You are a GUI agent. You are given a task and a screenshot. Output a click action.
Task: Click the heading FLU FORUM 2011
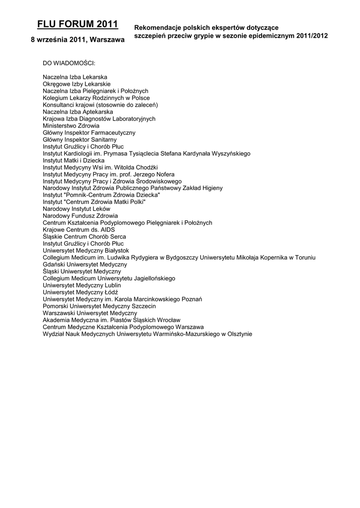pos(77,24)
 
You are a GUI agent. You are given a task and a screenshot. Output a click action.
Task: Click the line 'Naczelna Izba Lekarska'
pos(75,77)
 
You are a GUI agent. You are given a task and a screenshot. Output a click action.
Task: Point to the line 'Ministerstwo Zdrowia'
pos(71,126)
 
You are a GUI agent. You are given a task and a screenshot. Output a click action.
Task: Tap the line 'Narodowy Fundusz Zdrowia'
pos(80,216)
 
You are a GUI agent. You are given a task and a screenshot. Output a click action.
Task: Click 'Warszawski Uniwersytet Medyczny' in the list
pos(90,314)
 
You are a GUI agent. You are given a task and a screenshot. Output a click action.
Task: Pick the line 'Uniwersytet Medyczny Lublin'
pos(82,286)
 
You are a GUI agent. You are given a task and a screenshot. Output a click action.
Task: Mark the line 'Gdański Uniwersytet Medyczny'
pos(85,265)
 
